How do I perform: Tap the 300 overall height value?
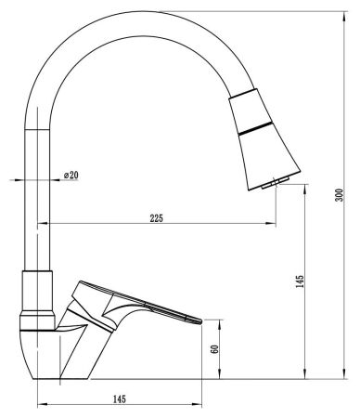[x=341, y=194]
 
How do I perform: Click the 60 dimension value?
[x=215, y=350]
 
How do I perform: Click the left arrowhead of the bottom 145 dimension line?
[x=40, y=405]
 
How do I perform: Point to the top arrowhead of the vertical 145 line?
[x=306, y=188]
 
